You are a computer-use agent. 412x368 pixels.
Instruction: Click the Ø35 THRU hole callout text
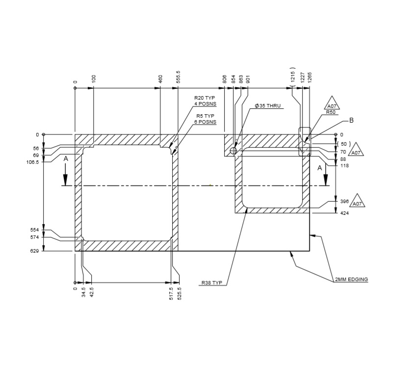point(268,106)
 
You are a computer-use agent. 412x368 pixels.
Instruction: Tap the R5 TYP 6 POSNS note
point(205,119)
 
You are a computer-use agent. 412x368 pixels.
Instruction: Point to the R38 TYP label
point(212,283)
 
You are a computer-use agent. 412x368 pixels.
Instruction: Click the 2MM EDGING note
point(351,279)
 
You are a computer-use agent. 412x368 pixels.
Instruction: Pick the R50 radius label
point(332,112)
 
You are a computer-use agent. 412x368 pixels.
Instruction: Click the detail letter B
point(351,120)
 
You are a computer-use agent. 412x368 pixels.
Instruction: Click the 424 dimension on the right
point(344,213)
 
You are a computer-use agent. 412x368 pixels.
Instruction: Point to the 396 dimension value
point(344,202)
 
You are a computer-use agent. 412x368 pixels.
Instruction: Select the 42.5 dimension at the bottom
point(91,293)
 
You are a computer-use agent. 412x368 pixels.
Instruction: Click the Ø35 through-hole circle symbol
point(233,151)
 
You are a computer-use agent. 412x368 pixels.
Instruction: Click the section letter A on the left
point(65,158)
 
